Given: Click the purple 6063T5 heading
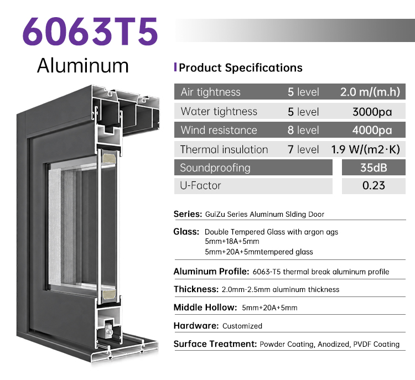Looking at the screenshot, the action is click(x=90, y=32).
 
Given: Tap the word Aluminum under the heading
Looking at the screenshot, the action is click(x=83, y=65).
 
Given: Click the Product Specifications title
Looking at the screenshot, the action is click(x=241, y=67).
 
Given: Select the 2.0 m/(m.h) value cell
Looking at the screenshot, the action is click(x=370, y=92).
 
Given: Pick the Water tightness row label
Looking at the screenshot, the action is click(x=219, y=111).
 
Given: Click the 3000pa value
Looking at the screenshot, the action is click(x=372, y=112).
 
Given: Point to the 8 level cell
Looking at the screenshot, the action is click(x=303, y=130).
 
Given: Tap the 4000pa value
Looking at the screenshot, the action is click(x=372, y=130).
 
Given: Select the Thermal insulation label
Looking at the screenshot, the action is click(x=224, y=149).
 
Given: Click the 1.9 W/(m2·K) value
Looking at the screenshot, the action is click(x=366, y=149).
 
